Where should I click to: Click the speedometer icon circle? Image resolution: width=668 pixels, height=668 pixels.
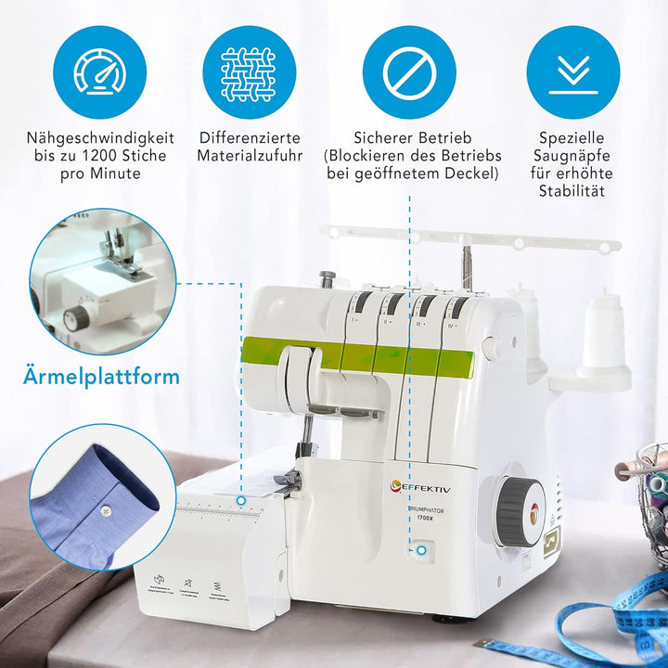pos(100,71)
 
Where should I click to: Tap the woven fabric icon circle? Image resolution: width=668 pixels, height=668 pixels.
pos(249,71)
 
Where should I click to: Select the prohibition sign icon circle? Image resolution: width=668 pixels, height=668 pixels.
pos(409,71)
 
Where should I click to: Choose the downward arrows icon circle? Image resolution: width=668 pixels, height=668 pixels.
pos(572,71)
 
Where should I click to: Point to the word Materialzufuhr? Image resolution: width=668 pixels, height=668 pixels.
pos(249,155)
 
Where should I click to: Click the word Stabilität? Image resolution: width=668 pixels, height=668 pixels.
pos(572,191)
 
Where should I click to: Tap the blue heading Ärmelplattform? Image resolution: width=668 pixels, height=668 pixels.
pos(100,378)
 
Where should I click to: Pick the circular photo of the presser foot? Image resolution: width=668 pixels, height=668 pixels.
pos(100,281)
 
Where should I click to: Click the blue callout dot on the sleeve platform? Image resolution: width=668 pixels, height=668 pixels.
pos(240,501)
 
